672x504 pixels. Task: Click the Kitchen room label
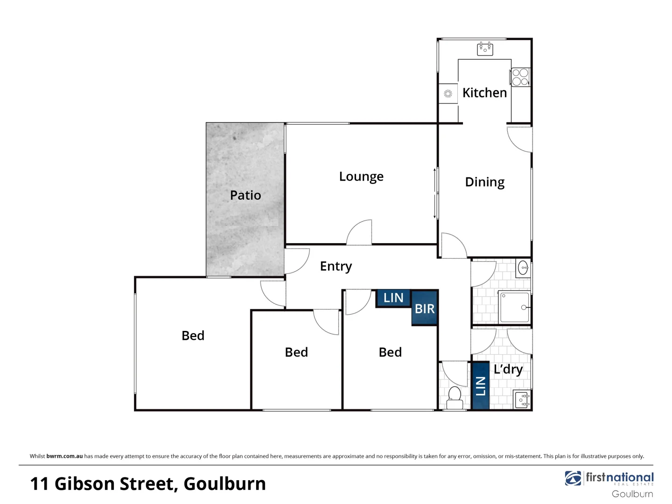(484, 93)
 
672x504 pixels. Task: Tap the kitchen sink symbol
(485, 49)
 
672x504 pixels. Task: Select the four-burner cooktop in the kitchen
(520, 77)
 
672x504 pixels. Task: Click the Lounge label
(361, 177)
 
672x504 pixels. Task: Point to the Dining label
(484, 182)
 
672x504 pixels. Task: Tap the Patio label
(245, 195)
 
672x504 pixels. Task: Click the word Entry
(336, 266)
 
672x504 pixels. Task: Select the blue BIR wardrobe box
(424, 308)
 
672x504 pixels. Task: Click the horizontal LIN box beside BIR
(393, 298)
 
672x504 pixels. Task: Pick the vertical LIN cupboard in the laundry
(480, 386)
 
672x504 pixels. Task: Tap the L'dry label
(508, 370)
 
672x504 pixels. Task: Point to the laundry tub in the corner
(522, 400)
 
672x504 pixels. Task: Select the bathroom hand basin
(524, 268)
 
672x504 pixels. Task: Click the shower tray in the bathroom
(515, 307)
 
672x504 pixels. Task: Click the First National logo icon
(573, 478)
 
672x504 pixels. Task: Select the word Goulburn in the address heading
(224, 484)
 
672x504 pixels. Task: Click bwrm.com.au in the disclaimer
(64, 456)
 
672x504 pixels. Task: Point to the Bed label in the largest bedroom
(193, 336)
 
